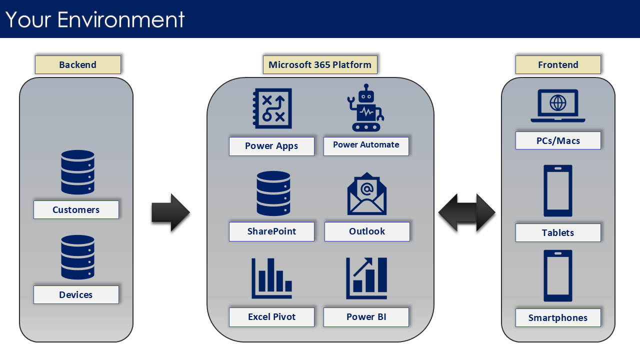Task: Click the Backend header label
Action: [77, 65]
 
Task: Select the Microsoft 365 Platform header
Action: [320, 65]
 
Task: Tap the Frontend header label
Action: [558, 65]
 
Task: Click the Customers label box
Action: [76, 209]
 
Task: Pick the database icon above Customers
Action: [77, 172]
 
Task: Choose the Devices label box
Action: [76, 294]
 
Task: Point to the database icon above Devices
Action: [77, 257]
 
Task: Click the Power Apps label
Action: [271, 146]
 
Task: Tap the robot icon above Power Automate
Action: [366, 107]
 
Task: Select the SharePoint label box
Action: [271, 231]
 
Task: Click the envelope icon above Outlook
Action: [367, 193]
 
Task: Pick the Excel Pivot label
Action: [271, 317]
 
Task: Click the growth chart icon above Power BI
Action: [366, 278]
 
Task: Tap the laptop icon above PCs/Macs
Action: [558, 106]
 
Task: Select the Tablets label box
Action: [558, 232]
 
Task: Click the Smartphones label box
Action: [558, 317]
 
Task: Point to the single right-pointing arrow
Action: [170, 212]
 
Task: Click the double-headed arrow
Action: [467, 212]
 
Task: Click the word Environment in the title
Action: [121, 19]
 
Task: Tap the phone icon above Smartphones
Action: [558, 275]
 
